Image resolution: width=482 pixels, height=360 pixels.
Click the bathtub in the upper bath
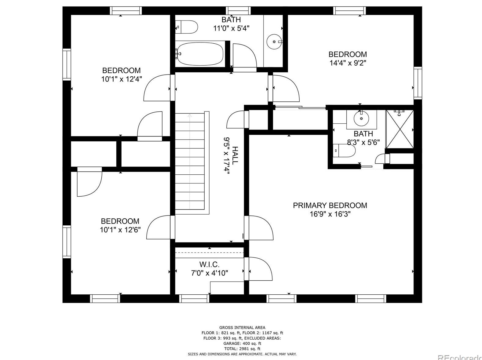(200, 54)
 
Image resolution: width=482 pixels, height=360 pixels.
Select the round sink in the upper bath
(274, 42)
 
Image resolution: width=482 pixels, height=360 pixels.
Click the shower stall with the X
(400, 129)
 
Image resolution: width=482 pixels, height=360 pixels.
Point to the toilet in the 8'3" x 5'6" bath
(344, 151)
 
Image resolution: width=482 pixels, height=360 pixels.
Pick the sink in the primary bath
(361, 118)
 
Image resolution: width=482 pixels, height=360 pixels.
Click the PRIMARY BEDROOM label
(330, 205)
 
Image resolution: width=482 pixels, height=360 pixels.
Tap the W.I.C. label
(209, 264)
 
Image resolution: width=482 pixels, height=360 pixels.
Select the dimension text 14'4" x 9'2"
(348, 63)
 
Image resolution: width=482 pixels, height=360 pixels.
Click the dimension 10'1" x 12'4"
(122, 79)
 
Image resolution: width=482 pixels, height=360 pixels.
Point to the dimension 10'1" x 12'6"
(120, 230)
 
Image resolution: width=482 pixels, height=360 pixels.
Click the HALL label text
(235, 156)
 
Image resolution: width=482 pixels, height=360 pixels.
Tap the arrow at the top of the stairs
(190, 115)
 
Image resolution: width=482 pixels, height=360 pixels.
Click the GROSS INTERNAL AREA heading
(242, 328)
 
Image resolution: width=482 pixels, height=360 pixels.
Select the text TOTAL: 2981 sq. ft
(242, 349)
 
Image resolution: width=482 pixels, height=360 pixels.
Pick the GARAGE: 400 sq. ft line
(242, 343)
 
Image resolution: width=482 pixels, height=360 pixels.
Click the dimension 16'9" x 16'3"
(330, 214)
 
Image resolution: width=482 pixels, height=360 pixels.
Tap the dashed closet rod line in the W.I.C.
(210, 252)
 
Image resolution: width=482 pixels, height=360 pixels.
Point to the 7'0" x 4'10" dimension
(210, 273)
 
